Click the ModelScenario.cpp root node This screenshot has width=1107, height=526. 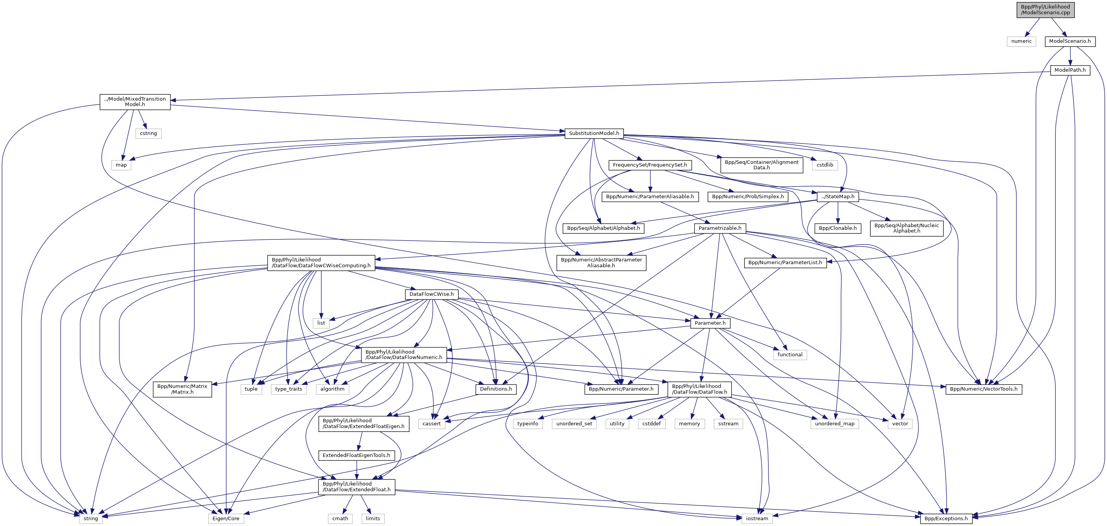click(1045, 10)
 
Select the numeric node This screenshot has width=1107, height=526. click(1021, 41)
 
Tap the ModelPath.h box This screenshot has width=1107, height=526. click(1070, 70)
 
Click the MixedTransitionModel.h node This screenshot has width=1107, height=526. click(135, 102)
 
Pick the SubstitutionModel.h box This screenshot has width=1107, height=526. click(594, 133)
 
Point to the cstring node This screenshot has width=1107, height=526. click(148, 133)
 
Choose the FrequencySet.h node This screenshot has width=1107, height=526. click(650, 165)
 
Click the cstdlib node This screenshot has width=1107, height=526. click(825, 165)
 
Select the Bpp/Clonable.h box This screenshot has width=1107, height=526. click(837, 228)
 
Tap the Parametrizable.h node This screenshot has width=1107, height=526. click(720, 228)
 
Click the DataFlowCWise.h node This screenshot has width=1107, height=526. click(431, 294)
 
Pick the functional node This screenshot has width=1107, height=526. click(790, 354)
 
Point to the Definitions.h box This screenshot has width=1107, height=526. click(496, 389)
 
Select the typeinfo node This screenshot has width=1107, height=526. click(528, 424)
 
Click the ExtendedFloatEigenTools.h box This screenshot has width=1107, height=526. click(356, 455)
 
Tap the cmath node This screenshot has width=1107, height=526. click(340, 519)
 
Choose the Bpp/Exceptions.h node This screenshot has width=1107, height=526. click(946, 519)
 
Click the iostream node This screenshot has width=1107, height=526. click(757, 519)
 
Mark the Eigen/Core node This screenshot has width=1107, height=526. click(226, 519)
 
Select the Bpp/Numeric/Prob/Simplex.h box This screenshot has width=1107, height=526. click(748, 197)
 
